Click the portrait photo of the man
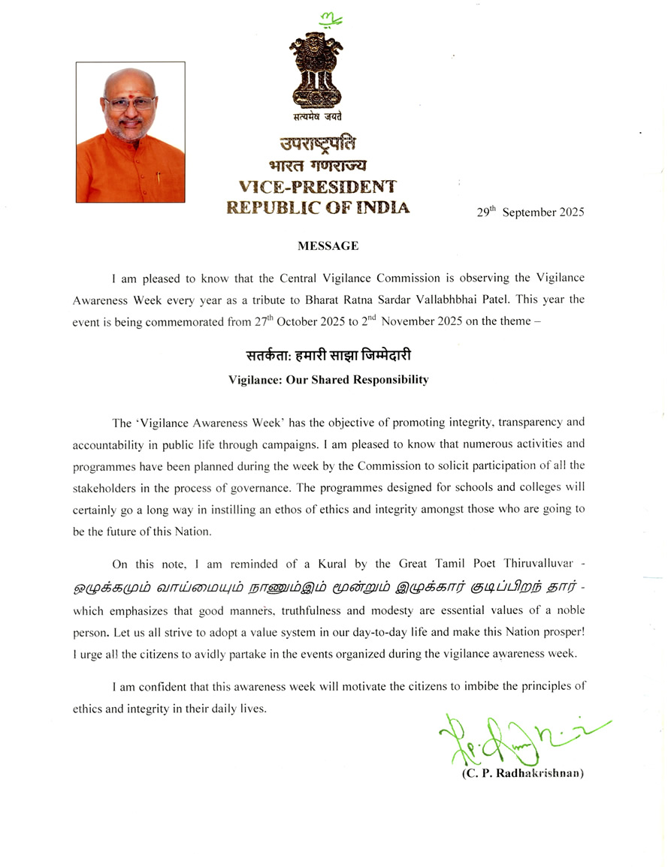(x=130, y=132)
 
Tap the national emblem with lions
(x=317, y=72)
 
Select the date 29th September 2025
(x=530, y=212)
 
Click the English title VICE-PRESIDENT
(x=318, y=185)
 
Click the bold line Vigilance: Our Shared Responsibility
(x=328, y=380)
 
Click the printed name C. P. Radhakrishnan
(x=523, y=774)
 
